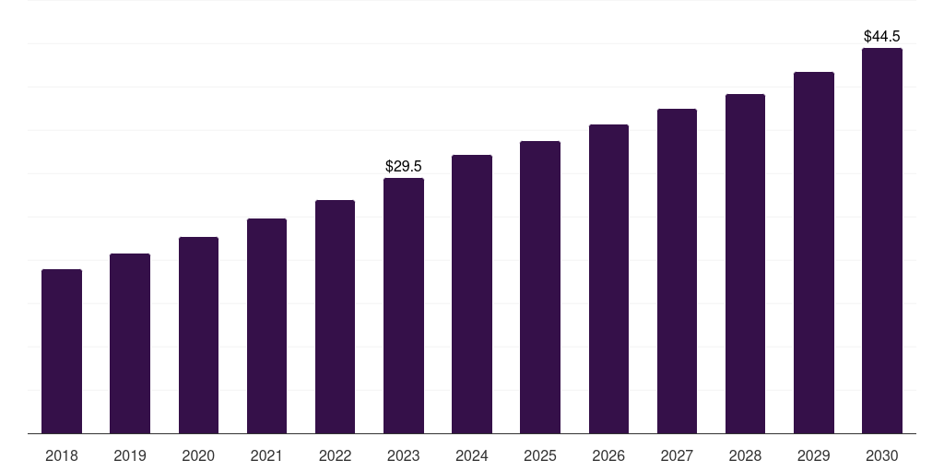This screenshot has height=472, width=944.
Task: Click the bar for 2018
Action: (62, 351)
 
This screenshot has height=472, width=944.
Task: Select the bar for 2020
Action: (198, 335)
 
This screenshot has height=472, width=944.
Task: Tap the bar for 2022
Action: (335, 316)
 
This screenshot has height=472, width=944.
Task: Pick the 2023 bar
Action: (404, 305)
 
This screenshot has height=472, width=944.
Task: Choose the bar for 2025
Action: (540, 287)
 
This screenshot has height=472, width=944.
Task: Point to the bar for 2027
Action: (677, 271)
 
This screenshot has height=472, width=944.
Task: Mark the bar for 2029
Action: (814, 253)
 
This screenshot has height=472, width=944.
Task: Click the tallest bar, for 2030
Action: (882, 241)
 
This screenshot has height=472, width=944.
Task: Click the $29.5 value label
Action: (404, 167)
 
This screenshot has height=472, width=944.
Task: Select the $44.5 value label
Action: (882, 37)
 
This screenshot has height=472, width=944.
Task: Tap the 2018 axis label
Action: (62, 456)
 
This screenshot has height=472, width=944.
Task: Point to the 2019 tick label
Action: (130, 456)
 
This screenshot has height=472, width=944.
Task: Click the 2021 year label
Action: (266, 456)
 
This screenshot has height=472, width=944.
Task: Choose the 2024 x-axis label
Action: (472, 456)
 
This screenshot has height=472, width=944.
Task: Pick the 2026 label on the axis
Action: (608, 456)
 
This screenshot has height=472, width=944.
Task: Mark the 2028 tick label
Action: (745, 456)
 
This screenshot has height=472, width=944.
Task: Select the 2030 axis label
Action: (882, 456)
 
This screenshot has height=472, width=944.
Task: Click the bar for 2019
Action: (130, 343)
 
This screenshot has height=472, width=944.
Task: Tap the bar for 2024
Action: (472, 294)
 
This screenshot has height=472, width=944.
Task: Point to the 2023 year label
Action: (404, 456)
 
